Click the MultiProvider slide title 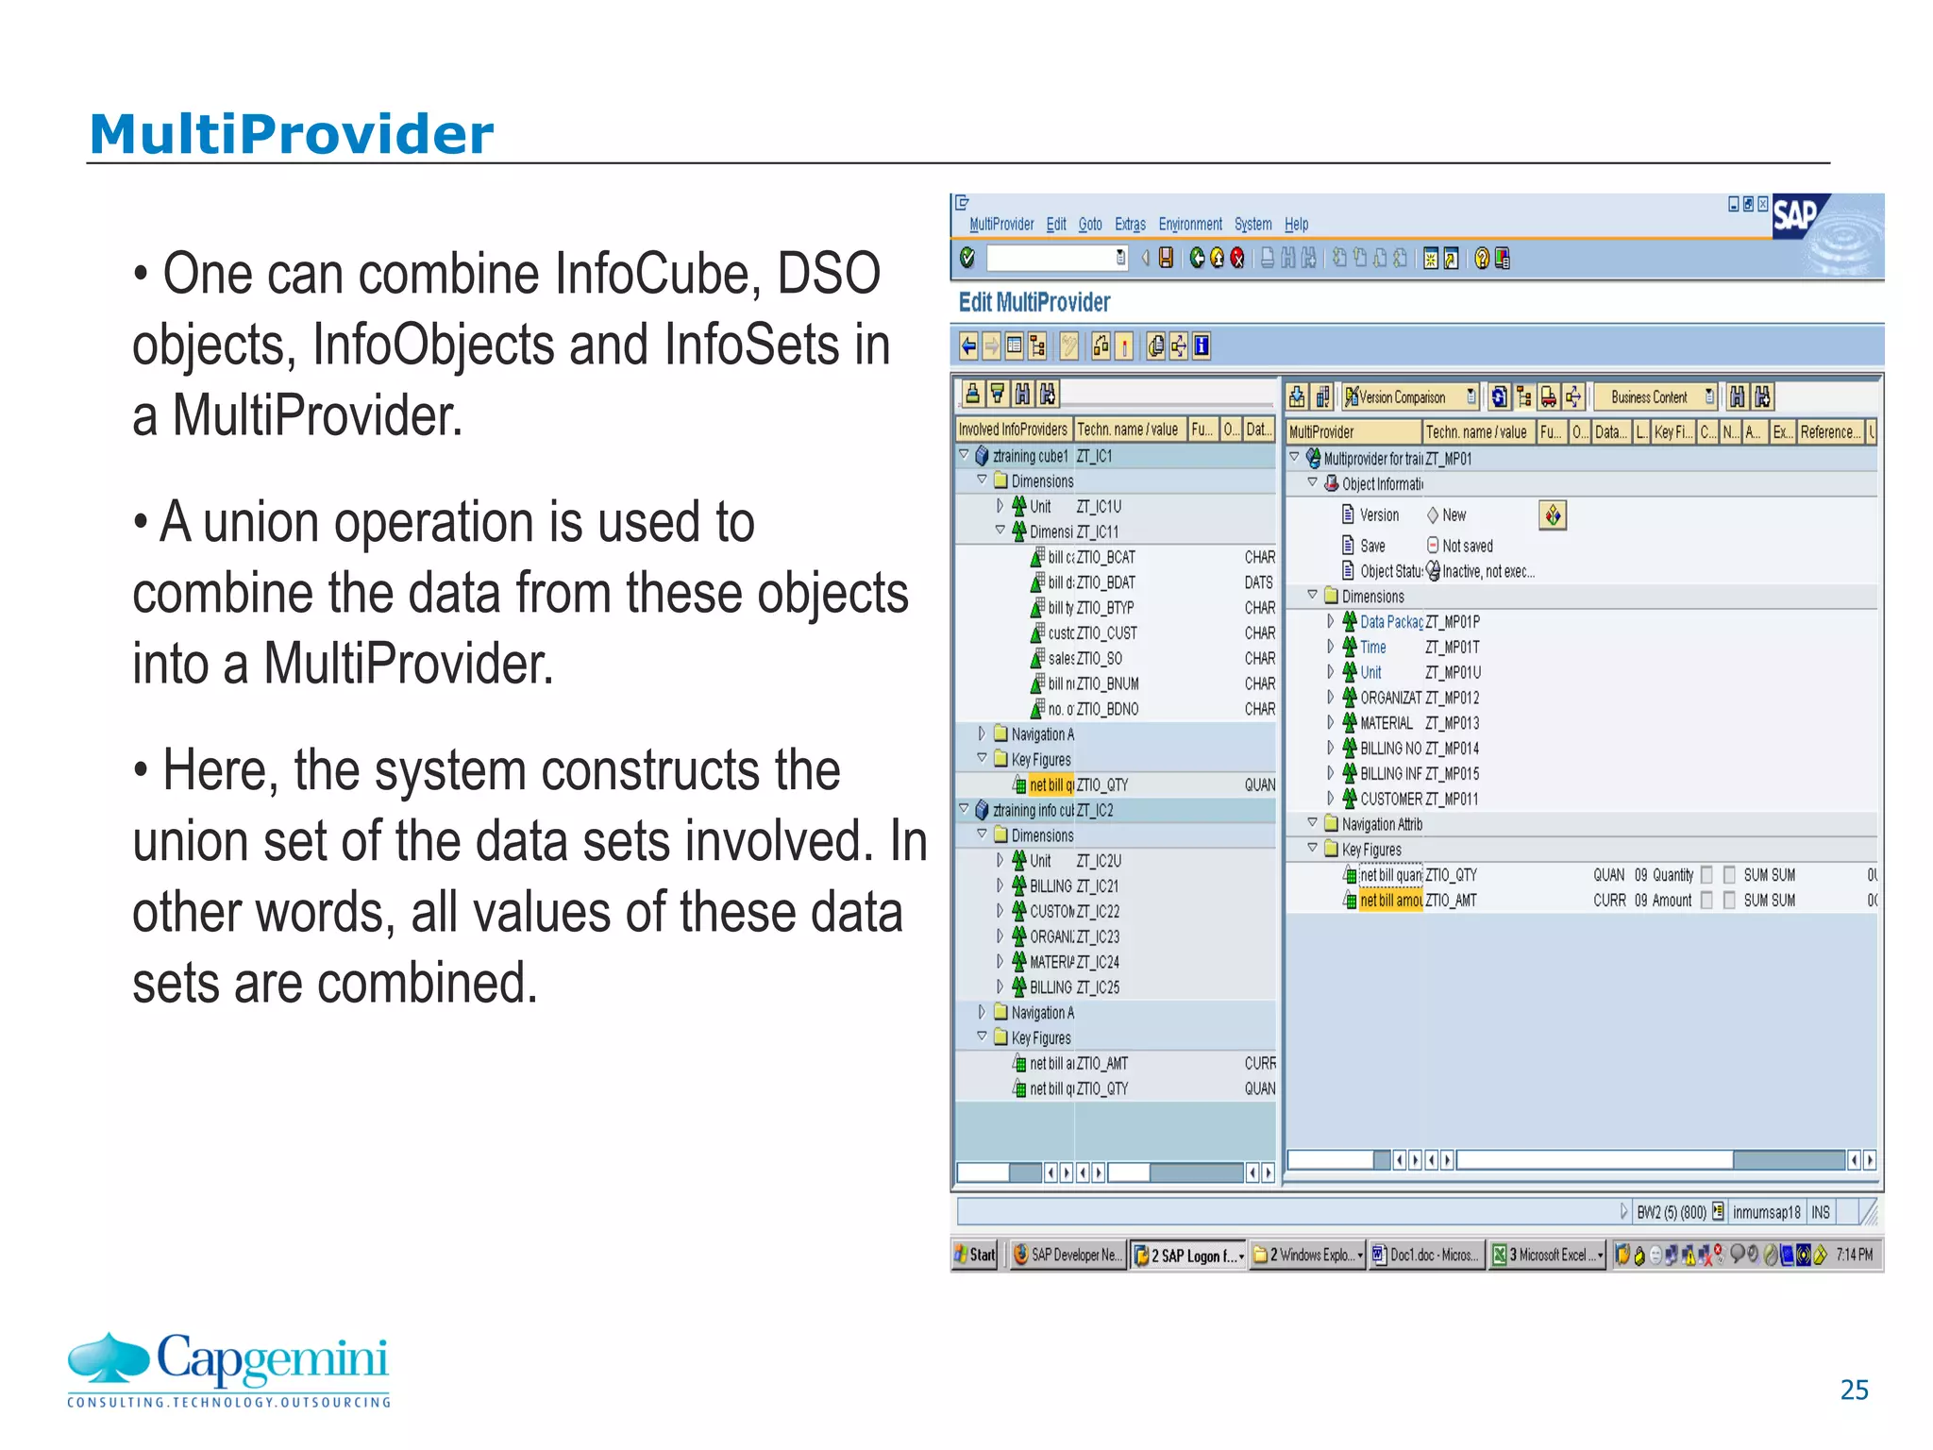tap(291, 134)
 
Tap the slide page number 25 tap(1854, 1390)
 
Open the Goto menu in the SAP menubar tap(1090, 225)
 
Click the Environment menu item tap(1189, 225)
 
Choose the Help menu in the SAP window tap(1296, 225)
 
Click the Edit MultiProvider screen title tap(1034, 302)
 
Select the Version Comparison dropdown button tap(1410, 397)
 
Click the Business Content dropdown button tap(1655, 397)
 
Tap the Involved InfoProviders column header tap(1013, 430)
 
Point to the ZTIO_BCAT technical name tap(1106, 558)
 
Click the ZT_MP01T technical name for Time tap(1452, 648)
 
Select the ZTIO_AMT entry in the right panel tap(1451, 901)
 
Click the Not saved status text tap(1467, 547)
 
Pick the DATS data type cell tap(1258, 583)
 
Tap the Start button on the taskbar tap(975, 1255)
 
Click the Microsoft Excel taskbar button tap(1548, 1255)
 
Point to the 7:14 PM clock tap(1854, 1255)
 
